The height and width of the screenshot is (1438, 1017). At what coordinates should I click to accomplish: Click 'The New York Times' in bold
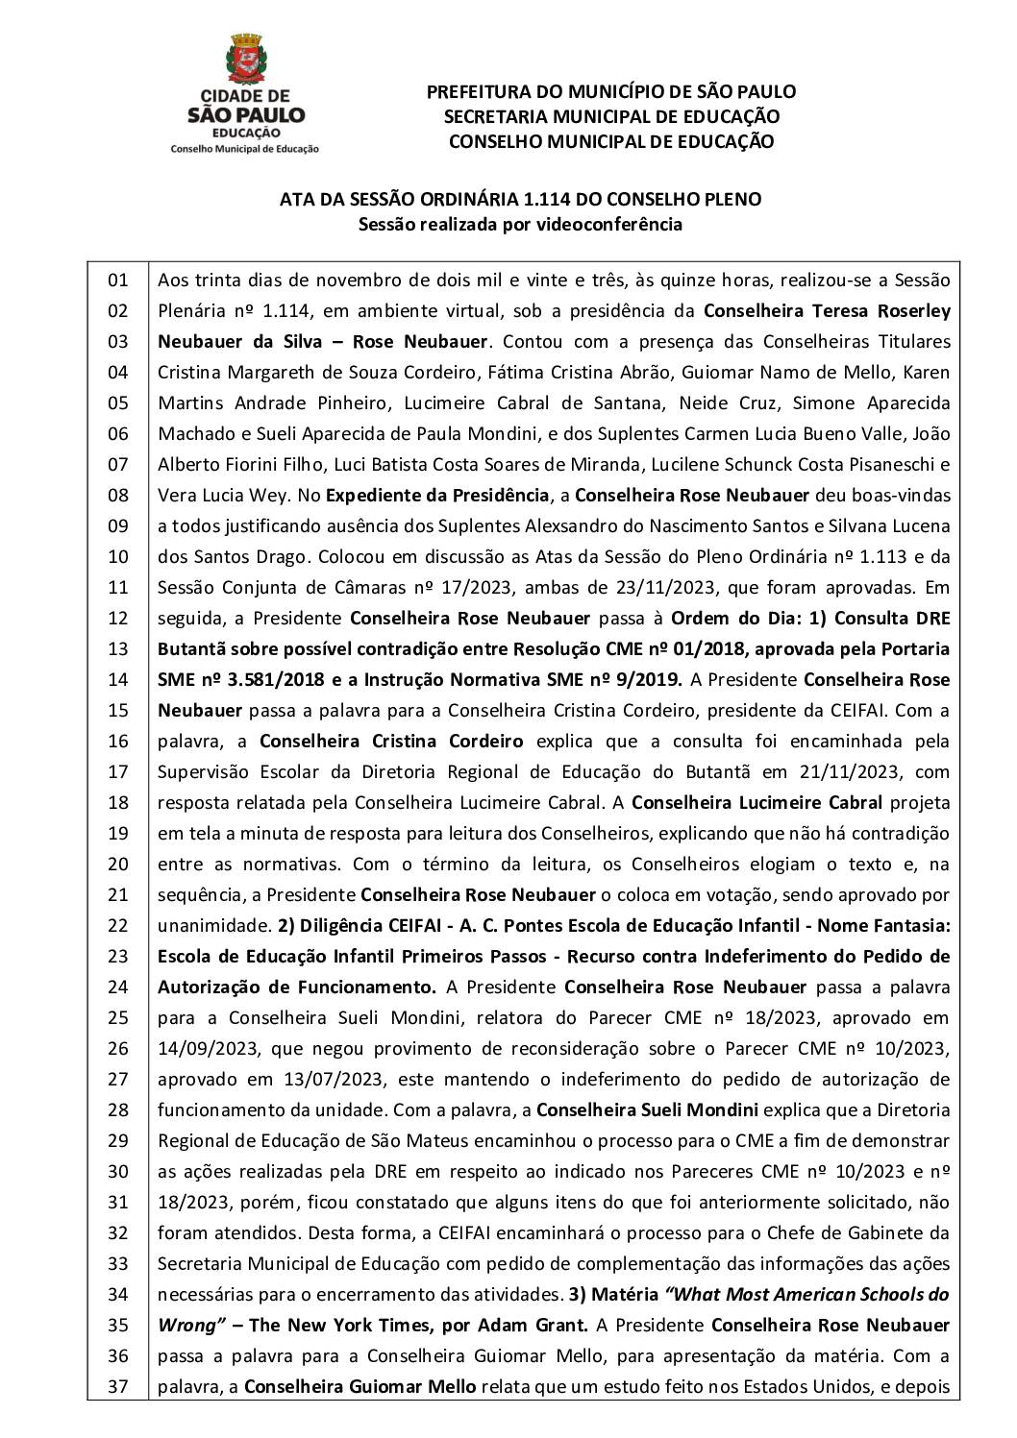[x=339, y=1325]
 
